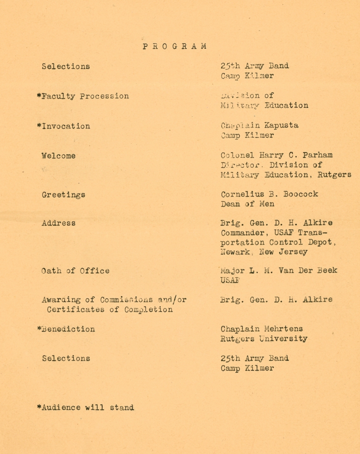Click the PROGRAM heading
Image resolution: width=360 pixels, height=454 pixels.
(174, 47)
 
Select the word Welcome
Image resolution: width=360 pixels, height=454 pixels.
(59, 156)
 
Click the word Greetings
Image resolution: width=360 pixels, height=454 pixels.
(64, 194)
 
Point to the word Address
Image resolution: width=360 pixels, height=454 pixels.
(59, 223)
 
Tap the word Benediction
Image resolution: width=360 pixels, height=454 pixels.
(68, 329)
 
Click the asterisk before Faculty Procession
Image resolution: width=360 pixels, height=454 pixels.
(39, 96)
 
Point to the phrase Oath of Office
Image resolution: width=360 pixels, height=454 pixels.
(75, 271)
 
